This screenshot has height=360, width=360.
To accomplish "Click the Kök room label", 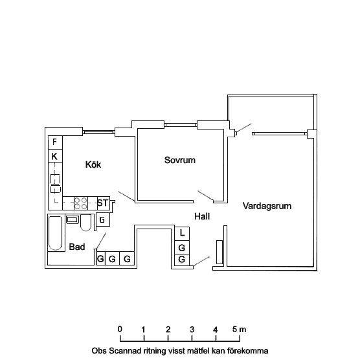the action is click(93, 164).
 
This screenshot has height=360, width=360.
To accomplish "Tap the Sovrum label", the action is click(180, 160).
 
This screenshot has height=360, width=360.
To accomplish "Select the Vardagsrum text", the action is click(267, 206).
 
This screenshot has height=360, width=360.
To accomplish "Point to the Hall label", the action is click(202, 216).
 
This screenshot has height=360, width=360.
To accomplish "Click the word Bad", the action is click(77, 247).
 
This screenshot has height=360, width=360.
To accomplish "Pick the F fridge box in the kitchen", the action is click(55, 142).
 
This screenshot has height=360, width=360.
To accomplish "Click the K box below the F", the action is click(55, 156).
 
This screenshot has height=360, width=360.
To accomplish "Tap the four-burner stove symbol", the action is click(81, 203).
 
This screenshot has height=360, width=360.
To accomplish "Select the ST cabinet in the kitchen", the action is click(103, 203).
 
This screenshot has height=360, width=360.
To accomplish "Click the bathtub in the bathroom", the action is click(55, 233).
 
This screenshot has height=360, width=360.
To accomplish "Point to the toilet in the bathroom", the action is click(86, 223).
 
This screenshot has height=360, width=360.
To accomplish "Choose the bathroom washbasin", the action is click(73, 219).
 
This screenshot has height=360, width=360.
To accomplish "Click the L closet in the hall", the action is click(182, 234).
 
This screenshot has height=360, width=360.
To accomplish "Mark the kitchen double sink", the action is click(55, 183).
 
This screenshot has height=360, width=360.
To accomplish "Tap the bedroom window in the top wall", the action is click(181, 125).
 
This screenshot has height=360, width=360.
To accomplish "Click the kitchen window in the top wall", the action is click(98, 132).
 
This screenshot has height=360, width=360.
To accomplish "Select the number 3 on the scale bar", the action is click(192, 330).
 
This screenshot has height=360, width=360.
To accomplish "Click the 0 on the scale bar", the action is click(120, 329).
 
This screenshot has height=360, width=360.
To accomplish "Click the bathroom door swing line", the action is click(101, 241).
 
